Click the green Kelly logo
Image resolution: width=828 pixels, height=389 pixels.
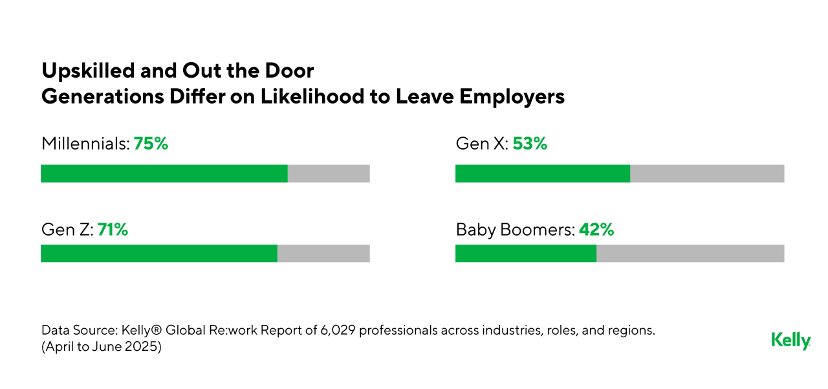790,340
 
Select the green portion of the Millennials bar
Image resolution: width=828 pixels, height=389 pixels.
164,173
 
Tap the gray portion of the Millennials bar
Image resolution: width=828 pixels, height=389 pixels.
329,173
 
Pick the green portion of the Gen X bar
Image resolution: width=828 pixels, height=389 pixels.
542,173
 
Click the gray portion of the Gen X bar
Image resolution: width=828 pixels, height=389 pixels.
707,173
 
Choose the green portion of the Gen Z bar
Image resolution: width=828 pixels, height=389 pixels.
158,254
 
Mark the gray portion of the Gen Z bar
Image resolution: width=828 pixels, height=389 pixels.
323,254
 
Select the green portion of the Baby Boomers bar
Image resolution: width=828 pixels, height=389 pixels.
525,254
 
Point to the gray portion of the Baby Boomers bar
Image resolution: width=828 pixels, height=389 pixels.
690,254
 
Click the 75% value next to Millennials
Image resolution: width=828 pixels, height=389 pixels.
151,144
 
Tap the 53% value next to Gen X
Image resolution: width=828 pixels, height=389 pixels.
530,144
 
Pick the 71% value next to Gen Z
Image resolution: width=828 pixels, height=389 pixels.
113,229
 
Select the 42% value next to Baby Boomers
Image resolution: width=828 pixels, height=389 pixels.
596,229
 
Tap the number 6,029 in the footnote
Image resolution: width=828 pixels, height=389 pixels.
338,330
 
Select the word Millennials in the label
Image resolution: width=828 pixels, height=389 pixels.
85,144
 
